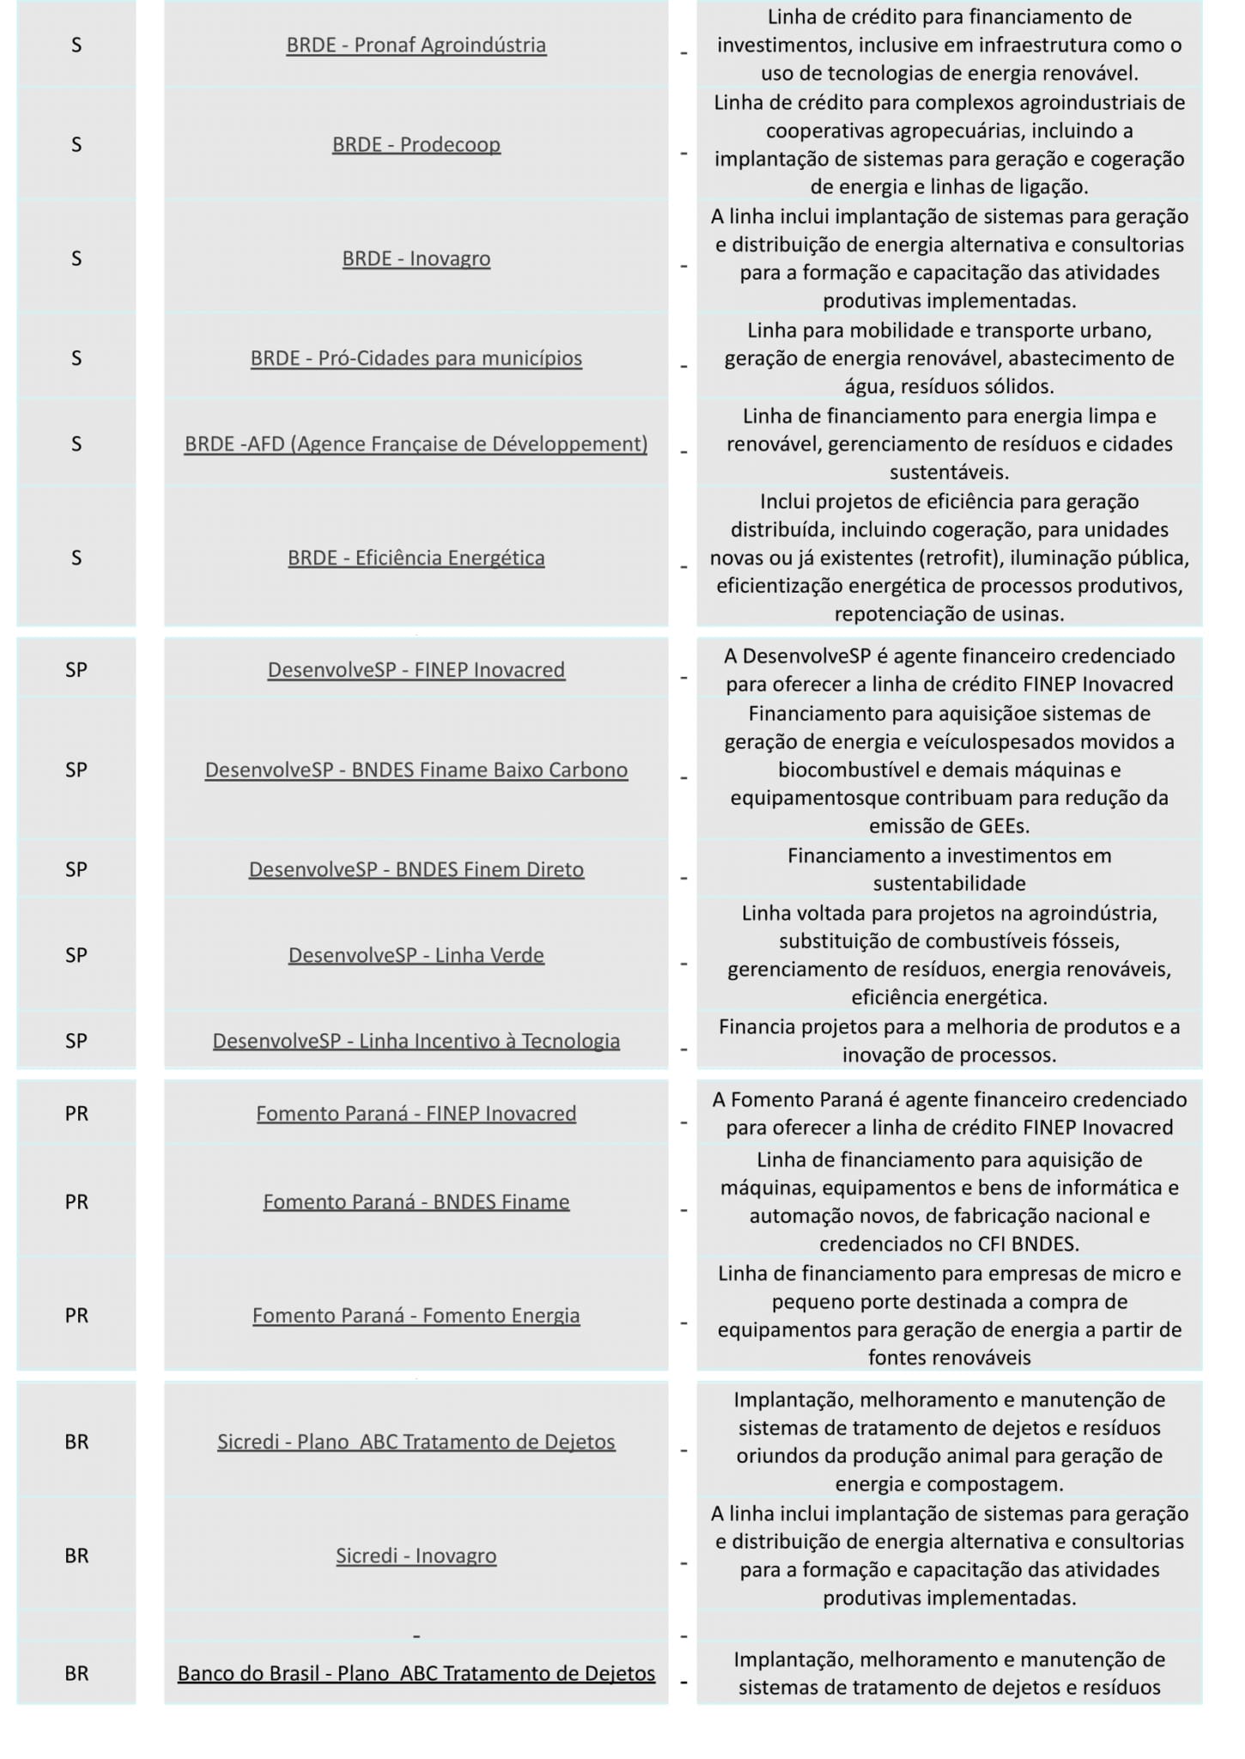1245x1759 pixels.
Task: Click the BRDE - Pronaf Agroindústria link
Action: [x=416, y=45]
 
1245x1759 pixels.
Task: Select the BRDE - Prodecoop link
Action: [x=416, y=144]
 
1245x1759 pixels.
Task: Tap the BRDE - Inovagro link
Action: [x=416, y=259]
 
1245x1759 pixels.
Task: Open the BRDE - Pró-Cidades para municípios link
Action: [x=416, y=358]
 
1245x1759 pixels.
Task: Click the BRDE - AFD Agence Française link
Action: [x=416, y=444]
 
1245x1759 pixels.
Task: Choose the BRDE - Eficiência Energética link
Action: [x=416, y=558]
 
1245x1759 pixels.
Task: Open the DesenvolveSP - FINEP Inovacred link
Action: [x=416, y=670]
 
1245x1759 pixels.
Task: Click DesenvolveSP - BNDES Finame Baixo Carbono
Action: [x=416, y=770]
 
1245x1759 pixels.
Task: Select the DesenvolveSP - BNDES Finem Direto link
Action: [x=416, y=869]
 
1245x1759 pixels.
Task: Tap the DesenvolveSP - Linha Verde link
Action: [x=416, y=955]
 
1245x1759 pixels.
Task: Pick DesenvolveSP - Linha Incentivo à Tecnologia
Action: [x=416, y=1041]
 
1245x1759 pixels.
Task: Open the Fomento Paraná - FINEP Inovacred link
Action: [x=416, y=1113]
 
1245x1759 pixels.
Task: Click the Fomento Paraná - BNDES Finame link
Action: [x=416, y=1202]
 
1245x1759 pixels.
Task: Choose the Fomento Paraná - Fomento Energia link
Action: [x=416, y=1315]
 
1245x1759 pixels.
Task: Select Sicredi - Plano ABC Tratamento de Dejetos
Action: [x=416, y=1441]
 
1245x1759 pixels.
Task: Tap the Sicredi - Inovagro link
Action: [x=416, y=1555]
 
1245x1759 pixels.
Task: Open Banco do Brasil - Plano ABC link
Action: [x=416, y=1673]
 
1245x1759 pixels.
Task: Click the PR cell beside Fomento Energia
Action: [x=76, y=1315]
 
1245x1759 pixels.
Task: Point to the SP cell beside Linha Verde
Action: [x=76, y=955]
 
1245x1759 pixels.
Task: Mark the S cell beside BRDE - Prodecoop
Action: [x=76, y=144]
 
